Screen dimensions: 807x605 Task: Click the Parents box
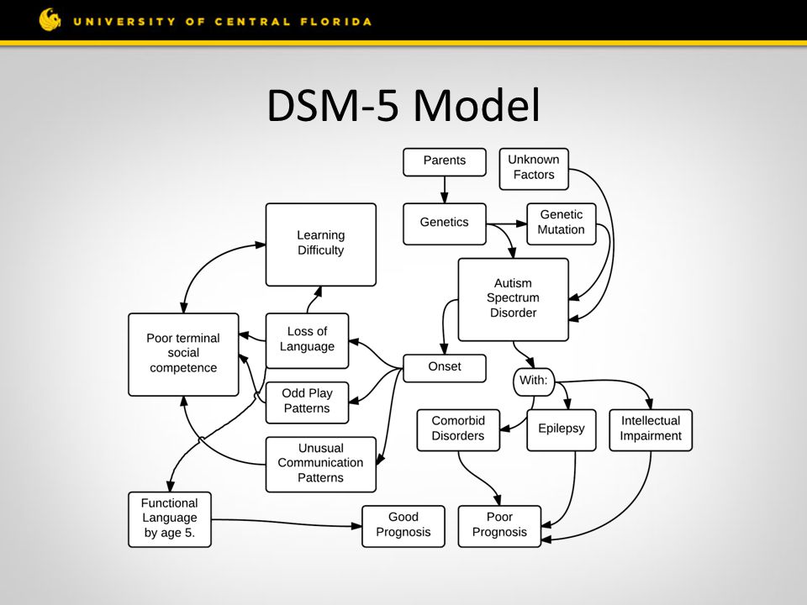445,162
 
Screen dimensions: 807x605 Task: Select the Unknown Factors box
534,169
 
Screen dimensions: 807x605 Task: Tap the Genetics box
445,224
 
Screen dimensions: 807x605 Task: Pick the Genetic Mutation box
562,224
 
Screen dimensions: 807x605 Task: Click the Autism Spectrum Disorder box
513,299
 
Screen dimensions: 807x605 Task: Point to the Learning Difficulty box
320,245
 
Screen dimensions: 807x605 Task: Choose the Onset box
445,368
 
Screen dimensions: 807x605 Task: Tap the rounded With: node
534,381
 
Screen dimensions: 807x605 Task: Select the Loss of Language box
308,340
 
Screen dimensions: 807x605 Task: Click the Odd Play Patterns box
308,402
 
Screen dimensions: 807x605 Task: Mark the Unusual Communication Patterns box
320,464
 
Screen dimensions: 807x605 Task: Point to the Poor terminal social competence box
183,355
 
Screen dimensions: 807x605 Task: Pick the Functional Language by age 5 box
169,519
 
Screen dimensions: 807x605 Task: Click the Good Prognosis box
403,526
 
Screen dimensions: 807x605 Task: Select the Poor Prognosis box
499,526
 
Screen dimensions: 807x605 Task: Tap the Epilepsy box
562,430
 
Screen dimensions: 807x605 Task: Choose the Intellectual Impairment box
651,430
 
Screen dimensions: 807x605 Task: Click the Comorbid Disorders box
458,430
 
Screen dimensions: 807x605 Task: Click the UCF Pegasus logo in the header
50,19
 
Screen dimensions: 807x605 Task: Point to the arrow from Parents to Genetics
445,190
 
